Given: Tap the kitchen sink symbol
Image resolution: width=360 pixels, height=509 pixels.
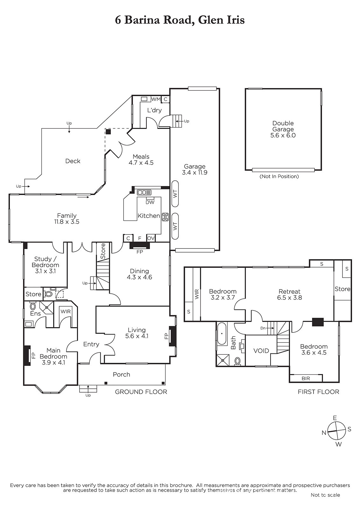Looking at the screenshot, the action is click(x=144, y=192).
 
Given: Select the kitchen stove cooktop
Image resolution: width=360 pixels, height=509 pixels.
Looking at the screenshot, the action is click(x=165, y=217).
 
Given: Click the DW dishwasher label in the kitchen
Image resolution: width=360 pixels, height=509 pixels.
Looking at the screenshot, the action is click(x=150, y=202).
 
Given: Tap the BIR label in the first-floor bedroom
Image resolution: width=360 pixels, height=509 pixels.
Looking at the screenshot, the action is click(x=306, y=378).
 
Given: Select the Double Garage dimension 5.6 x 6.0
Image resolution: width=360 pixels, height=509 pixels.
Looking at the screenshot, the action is click(x=283, y=135).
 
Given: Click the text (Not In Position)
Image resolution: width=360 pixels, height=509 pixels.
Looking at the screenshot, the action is click(x=279, y=176).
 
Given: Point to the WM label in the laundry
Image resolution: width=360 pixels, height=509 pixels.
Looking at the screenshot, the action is click(x=156, y=99).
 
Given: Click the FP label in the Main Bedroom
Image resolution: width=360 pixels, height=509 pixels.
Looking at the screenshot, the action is click(x=33, y=355).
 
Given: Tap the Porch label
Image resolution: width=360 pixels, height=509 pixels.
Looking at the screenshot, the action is click(x=122, y=374).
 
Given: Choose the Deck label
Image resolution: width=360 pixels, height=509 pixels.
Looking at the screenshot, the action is click(x=73, y=161).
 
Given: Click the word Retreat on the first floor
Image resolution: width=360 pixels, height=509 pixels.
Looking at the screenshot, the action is click(x=290, y=291).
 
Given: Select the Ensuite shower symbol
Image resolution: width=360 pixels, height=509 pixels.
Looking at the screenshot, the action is click(x=46, y=307).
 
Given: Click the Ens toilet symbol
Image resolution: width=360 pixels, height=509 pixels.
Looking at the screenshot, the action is click(x=33, y=306).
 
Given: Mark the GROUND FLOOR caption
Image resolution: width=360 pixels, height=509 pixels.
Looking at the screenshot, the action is click(x=141, y=392).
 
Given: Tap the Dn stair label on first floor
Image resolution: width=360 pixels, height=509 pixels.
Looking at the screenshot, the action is click(x=263, y=328).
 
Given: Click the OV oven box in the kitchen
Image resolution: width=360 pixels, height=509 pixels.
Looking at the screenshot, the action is click(x=151, y=238).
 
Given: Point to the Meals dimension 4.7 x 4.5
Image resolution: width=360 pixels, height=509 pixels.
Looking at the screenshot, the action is click(x=141, y=163).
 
